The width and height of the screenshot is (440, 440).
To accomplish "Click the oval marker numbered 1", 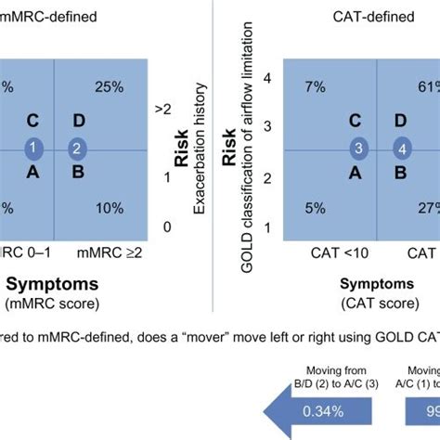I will click(x=32, y=149).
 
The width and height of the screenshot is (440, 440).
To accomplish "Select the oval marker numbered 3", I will click(x=357, y=149).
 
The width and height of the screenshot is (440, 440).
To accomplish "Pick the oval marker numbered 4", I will click(x=401, y=149).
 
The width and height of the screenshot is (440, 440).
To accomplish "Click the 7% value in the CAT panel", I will click(x=314, y=86).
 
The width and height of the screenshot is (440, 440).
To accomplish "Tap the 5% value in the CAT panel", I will click(x=314, y=208).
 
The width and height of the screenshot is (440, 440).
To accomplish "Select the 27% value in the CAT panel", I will click(x=426, y=208).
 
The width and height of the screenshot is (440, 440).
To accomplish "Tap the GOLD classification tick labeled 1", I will click(x=268, y=226).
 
